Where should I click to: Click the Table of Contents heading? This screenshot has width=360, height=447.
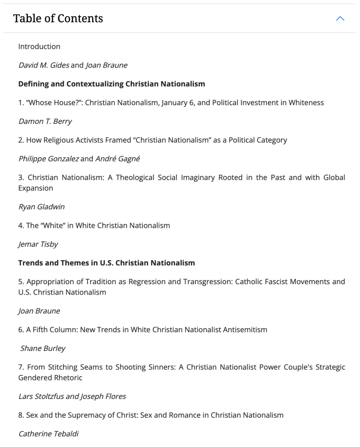coord(58,18)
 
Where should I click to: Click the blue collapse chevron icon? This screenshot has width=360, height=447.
coord(340,18)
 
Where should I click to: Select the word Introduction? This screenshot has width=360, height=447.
coord(39,46)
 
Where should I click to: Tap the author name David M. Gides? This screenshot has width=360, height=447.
coord(43,65)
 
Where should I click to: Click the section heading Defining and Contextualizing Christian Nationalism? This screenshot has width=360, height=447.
coord(111,84)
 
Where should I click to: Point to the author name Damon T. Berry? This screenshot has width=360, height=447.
coord(45,121)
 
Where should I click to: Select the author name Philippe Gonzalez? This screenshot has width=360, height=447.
coord(48,159)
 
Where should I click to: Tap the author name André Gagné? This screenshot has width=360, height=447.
coord(118,159)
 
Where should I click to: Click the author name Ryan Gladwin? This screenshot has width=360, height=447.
coord(41,207)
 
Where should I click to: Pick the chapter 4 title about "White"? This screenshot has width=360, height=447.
coord(94,226)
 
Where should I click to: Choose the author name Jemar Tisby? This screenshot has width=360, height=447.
coord(38,244)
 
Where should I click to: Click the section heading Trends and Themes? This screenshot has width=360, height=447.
coord(107,263)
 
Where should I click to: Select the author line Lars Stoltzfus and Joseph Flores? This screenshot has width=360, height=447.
coord(72,396)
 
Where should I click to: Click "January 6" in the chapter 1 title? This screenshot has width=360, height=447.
coord(175,103)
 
